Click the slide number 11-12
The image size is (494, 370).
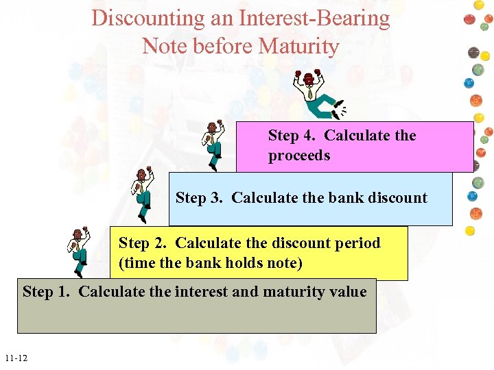(15, 358)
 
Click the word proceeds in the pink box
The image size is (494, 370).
(298, 156)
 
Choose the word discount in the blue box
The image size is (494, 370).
(396, 198)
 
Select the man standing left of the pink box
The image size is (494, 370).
(213, 145)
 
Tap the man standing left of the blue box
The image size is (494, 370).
(142, 194)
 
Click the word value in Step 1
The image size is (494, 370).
(348, 292)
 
